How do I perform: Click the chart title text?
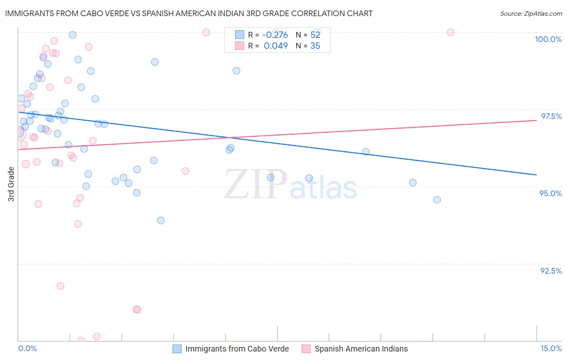189,13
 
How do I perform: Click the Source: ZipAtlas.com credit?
531,14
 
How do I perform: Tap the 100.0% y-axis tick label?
548,39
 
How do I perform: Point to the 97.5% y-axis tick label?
551,116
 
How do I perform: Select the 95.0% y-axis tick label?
550,193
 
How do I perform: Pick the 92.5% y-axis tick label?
551,271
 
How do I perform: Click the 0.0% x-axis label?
27,348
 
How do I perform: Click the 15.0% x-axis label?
551,348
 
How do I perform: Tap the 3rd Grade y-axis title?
11,184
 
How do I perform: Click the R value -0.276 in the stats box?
275,35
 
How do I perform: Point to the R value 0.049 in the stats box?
276,46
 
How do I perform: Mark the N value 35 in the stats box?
315,46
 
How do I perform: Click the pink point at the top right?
450,32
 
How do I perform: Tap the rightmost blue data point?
437,200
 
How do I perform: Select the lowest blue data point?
161,220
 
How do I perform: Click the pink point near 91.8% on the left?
60,286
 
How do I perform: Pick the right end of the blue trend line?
536,175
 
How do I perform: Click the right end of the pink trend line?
536,120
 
